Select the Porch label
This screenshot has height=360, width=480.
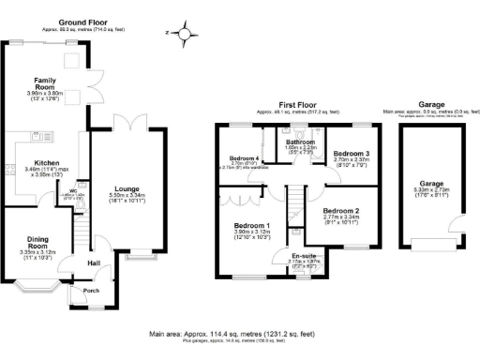pos(92,290)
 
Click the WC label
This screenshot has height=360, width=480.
pos(72,191)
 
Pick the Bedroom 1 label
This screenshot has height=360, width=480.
pos(253,226)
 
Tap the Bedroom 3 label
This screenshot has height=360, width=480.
pos(352,152)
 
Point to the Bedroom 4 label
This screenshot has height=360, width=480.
pos(245,157)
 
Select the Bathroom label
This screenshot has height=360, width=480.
pos(300,142)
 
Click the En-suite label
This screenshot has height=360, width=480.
pos(303,255)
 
